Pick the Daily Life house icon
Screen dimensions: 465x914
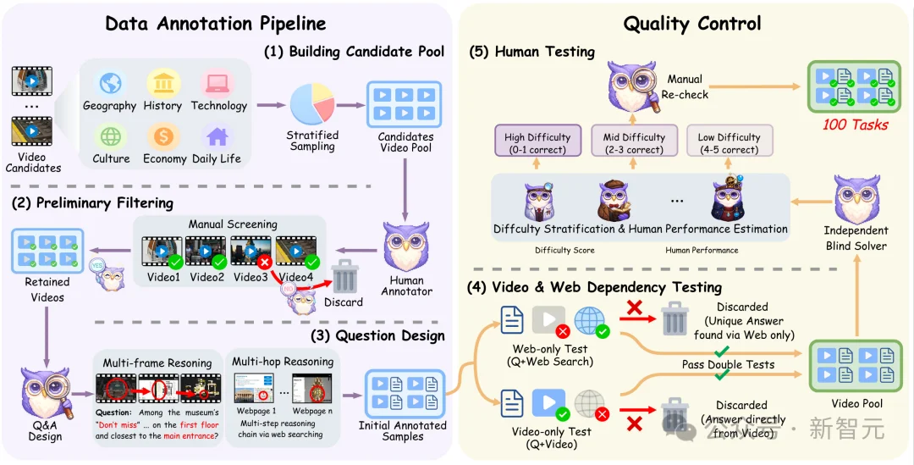tap(217, 136)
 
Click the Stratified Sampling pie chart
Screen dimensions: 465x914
tap(313, 104)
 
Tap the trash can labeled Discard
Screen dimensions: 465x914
tap(344, 277)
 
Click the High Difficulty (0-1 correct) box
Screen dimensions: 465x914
tap(537, 142)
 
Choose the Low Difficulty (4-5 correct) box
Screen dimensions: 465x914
tap(729, 142)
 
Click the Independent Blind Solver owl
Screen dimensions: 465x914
tap(856, 200)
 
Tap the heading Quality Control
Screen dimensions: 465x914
tap(692, 23)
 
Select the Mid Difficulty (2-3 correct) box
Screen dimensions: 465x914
tap(634, 142)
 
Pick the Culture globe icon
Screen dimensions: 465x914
tap(111, 136)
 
